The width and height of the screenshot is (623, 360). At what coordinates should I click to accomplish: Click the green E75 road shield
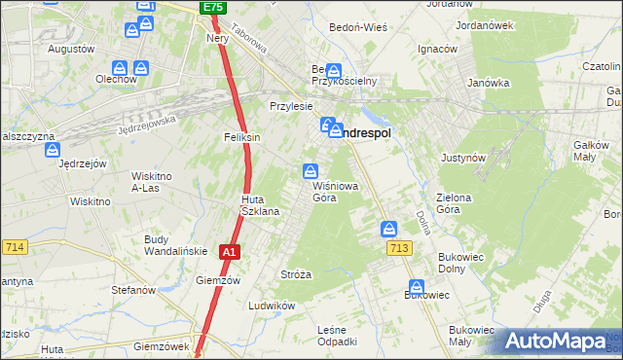(x=213, y=8)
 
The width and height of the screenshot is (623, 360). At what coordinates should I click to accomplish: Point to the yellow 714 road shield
(x=13, y=248)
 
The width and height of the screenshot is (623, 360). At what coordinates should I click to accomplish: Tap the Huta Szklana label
(x=260, y=205)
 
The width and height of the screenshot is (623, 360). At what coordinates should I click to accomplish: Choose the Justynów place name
(x=463, y=157)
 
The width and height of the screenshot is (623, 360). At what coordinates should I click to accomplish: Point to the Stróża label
(x=296, y=274)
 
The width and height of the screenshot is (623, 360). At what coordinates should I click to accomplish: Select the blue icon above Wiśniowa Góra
(x=311, y=169)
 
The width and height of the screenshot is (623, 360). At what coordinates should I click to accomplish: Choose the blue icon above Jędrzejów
(x=52, y=151)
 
